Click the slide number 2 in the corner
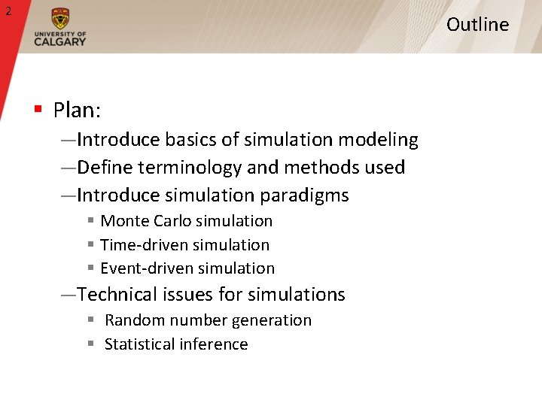pos(8,11)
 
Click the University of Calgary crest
pos(60,20)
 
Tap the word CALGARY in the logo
pos(60,41)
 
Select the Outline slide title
pos(477,24)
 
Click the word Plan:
pos(77,111)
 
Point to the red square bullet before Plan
pos(37,110)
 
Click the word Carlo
pos(174,221)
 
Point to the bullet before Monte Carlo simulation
pos(90,221)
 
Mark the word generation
pos(272,320)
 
